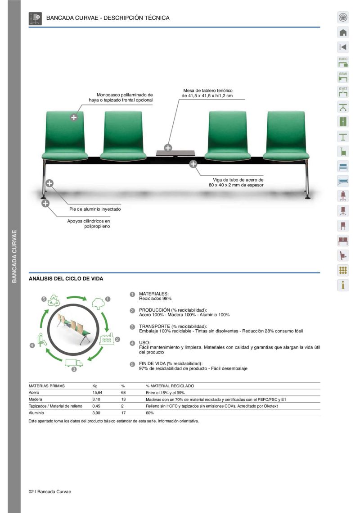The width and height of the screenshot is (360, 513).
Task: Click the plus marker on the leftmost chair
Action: [74, 118]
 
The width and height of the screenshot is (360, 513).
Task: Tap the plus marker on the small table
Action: [168, 147]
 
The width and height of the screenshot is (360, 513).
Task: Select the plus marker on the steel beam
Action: [193, 163]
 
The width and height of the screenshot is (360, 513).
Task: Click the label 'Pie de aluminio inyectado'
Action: [95, 209]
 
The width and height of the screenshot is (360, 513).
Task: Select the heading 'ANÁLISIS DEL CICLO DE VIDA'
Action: [66, 279]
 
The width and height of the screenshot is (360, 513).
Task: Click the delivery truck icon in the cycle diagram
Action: [74, 363]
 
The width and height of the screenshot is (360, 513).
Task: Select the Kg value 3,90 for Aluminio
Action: [96, 413]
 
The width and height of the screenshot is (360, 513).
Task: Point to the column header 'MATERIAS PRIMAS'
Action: [47, 386]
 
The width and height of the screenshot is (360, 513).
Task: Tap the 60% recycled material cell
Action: [150, 413]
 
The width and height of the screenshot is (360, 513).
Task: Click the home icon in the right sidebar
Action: [343, 32]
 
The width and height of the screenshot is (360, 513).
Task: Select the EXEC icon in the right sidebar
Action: [343, 62]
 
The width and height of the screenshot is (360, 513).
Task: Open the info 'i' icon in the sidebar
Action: [343, 285]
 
